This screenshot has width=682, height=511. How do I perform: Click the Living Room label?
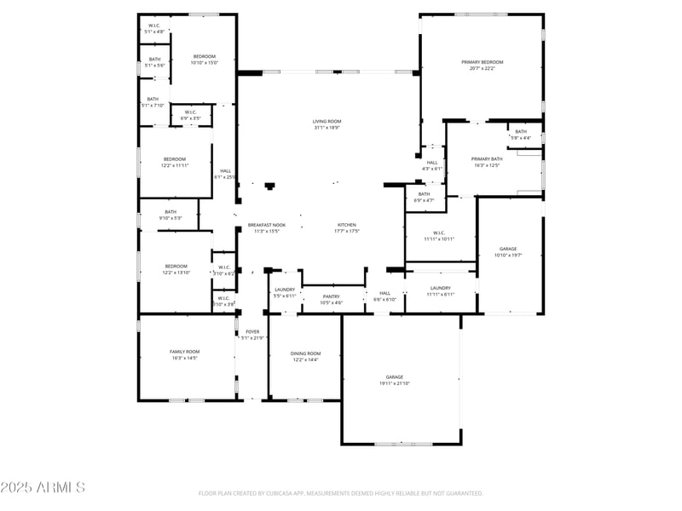click(327, 122)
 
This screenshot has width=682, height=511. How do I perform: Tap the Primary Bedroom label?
click(482, 62)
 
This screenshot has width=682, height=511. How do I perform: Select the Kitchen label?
click(346, 225)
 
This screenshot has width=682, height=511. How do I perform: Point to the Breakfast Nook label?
click(267, 225)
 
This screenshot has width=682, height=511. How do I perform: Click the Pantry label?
click(332, 296)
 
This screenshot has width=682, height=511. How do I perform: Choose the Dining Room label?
click(305, 353)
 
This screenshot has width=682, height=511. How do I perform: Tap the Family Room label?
click(184, 352)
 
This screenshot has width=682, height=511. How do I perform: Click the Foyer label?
click(252, 332)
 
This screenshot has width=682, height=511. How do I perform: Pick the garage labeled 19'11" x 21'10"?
click(394, 377)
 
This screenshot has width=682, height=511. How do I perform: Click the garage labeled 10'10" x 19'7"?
click(508, 250)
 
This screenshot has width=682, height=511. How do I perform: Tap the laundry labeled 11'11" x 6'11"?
click(440, 288)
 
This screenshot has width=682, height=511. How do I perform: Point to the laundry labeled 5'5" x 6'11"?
click(284, 290)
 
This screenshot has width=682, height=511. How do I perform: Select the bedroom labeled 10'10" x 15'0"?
click(204, 56)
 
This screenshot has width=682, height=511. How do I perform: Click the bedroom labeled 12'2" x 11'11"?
click(175, 159)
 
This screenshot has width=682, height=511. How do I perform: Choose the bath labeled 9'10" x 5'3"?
click(170, 212)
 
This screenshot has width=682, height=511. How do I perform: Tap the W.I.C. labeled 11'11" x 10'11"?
click(439, 233)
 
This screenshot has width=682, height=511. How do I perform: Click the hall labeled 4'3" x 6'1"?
click(432, 163)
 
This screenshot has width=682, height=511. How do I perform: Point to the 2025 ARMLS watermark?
click(43, 487)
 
